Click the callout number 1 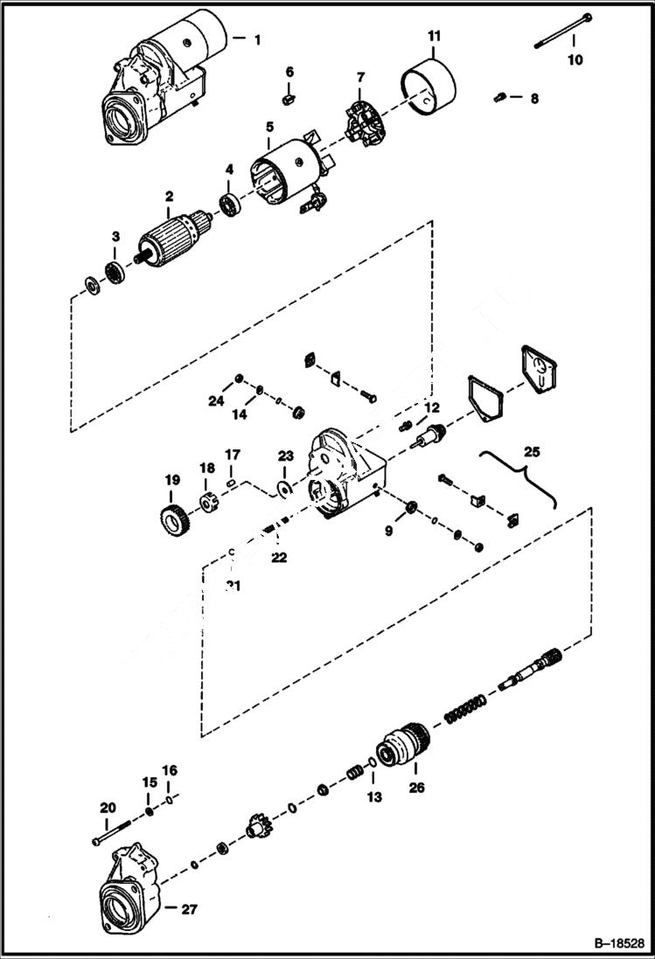(257, 39)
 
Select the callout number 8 (535, 98)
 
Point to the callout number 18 (206, 469)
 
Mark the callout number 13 (374, 796)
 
